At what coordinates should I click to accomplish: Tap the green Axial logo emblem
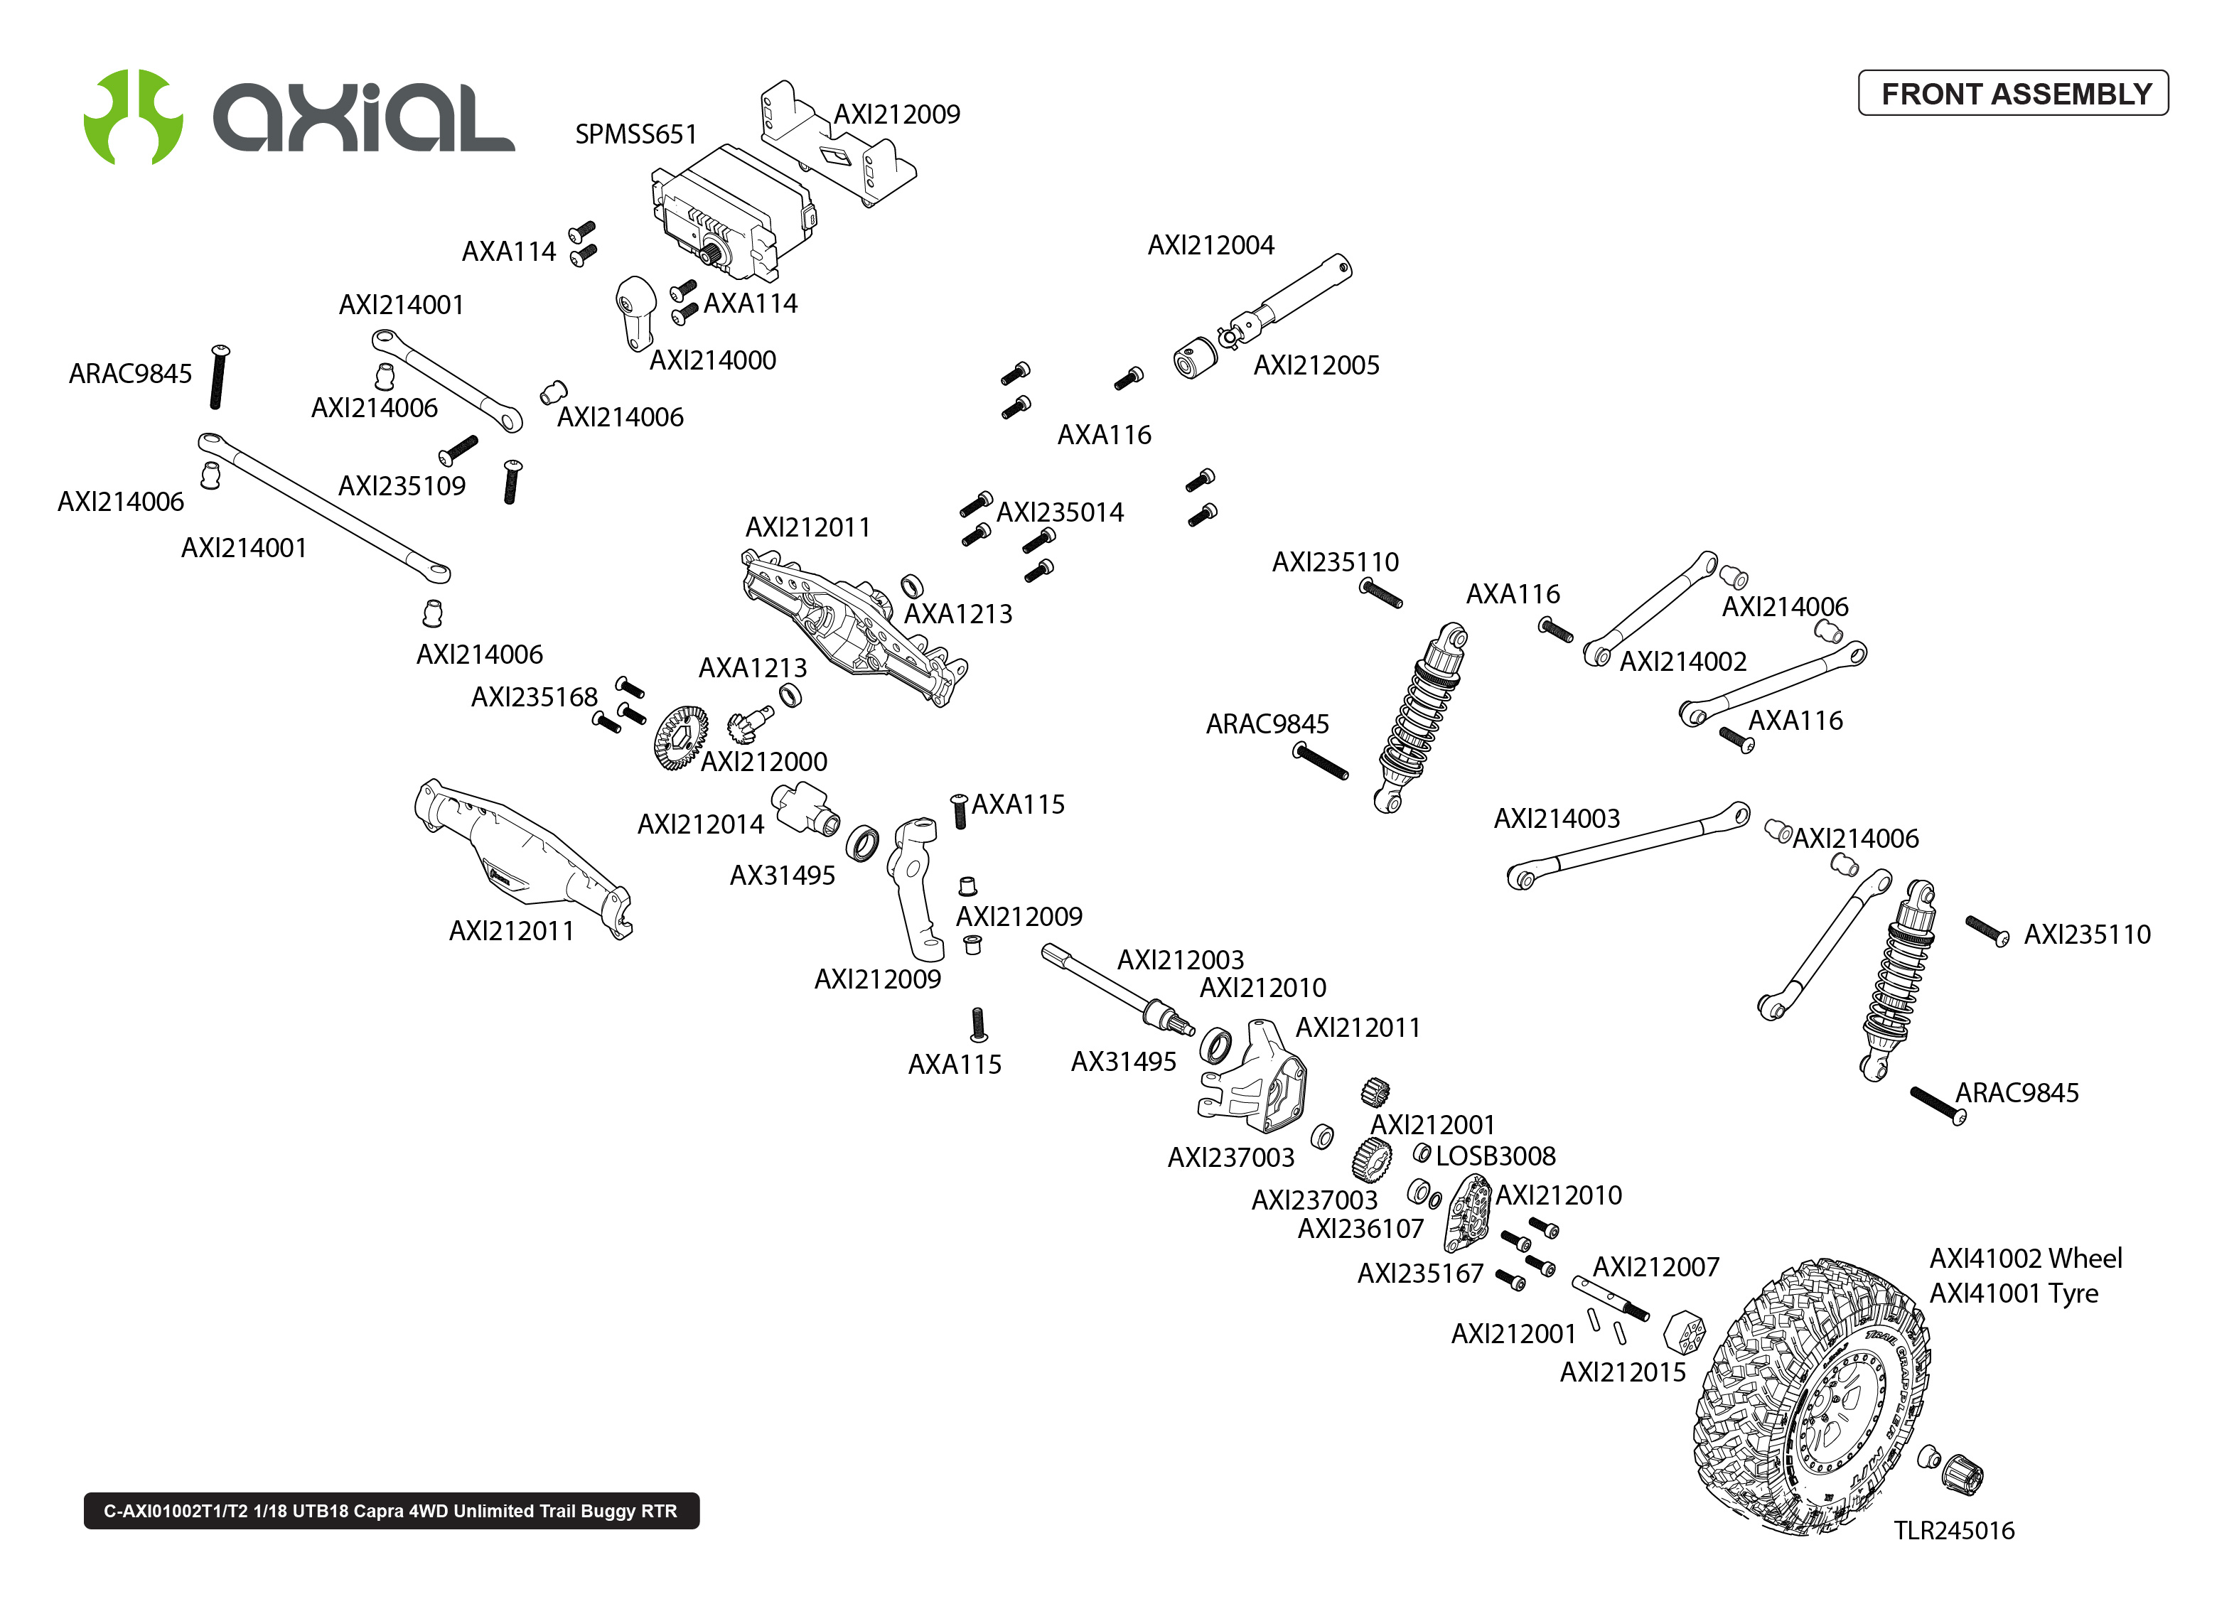[x=133, y=116]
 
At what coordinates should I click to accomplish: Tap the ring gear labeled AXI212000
[x=680, y=738]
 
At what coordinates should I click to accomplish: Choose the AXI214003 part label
[x=1556, y=818]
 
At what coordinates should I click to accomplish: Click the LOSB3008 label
[x=1495, y=1156]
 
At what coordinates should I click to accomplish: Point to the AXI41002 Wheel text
[x=2025, y=1259]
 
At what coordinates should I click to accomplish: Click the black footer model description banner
[x=391, y=1510]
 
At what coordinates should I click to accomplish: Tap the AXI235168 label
[x=534, y=697]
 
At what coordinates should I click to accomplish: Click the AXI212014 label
[x=700, y=824]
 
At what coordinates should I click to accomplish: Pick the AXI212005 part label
[x=1316, y=365]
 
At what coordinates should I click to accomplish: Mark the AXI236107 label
[x=1360, y=1229]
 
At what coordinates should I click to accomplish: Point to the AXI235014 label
[x=1060, y=512]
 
